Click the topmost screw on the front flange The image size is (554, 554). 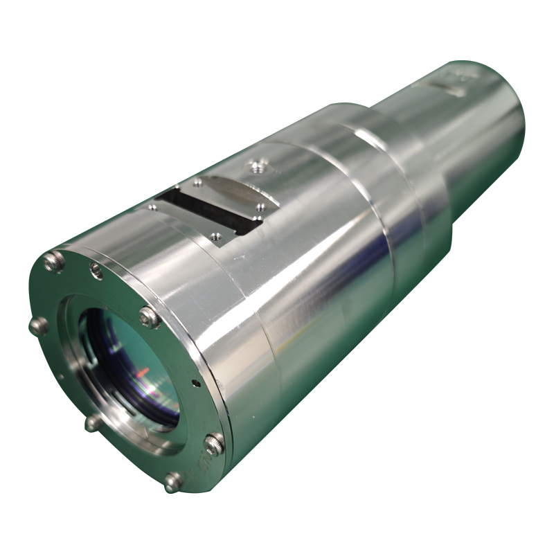coord(54,261)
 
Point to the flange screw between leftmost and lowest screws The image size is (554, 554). coord(93,422)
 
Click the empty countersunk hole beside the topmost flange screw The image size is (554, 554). coord(97,271)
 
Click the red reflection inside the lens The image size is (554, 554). coord(142,375)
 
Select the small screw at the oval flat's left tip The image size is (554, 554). coord(198,183)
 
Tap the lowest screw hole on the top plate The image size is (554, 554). coord(215,236)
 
